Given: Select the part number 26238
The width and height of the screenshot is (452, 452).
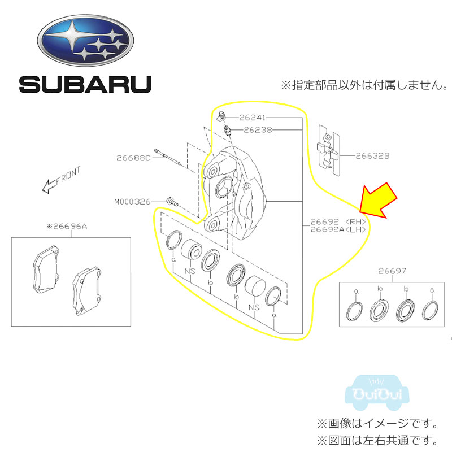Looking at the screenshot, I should (x=258, y=129).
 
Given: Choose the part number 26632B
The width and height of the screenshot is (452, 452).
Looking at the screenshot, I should (x=372, y=154).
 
